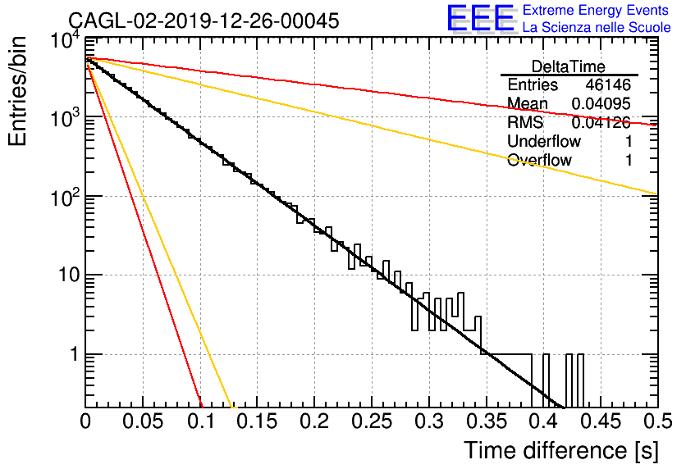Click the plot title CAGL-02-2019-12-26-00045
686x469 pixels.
[x=204, y=20]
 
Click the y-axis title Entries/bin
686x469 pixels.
[x=17, y=92]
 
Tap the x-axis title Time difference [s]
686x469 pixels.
[x=561, y=450]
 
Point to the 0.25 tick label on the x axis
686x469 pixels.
[x=372, y=421]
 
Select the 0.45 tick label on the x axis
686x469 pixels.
[x=601, y=421]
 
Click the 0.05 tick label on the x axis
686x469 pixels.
[x=143, y=421]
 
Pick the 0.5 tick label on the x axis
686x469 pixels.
[x=657, y=421]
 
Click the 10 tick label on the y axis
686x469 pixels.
[x=68, y=275]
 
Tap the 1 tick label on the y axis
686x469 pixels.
[x=74, y=354]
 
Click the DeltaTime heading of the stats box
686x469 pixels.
[x=569, y=67]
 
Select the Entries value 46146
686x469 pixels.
[x=608, y=84]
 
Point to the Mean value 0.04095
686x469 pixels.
[x=601, y=103]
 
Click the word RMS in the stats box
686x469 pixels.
[x=525, y=122]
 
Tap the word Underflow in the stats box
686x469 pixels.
[x=544, y=141]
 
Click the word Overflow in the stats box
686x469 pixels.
[x=539, y=160]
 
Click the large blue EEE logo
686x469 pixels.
[x=481, y=18]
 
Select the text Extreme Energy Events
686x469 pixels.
[x=596, y=10]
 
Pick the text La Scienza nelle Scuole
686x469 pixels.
[x=597, y=27]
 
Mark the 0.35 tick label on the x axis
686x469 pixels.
[x=487, y=421]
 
